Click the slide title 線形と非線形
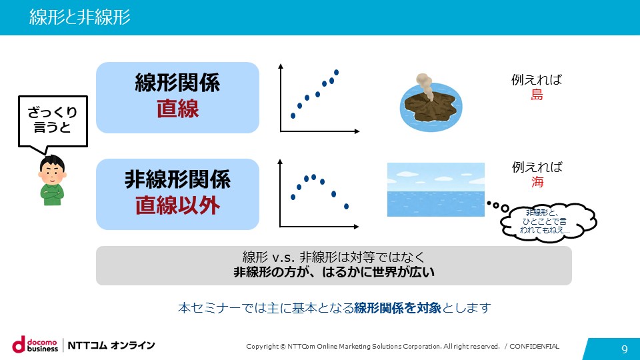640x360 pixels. click(x=79, y=17)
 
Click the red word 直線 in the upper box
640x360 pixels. click(x=177, y=109)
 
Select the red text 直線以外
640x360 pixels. click(x=177, y=205)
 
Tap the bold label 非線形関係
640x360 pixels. click(x=177, y=179)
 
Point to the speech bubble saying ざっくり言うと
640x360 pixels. click(x=53, y=121)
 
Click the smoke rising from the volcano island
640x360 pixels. click(x=425, y=85)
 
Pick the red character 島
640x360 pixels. click(x=537, y=95)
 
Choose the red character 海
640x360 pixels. click(x=537, y=181)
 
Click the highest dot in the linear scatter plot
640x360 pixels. click(x=336, y=73)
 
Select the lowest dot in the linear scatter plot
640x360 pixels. click(x=293, y=116)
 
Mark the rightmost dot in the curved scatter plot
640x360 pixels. click(x=346, y=207)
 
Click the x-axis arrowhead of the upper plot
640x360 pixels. click(x=357, y=131)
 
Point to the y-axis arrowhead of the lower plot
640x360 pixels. click(x=280, y=161)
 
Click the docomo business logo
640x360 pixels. click(x=35, y=345)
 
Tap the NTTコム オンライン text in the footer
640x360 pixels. click(x=111, y=345)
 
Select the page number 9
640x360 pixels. click(x=625, y=349)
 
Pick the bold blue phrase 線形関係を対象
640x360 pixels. click(x=397, y=308)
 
